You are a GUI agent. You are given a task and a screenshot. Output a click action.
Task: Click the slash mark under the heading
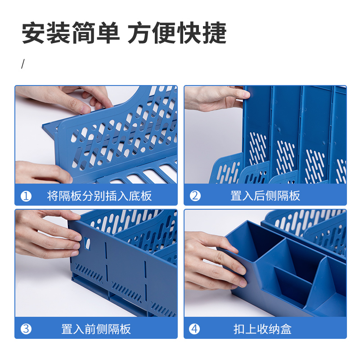(x=22, y=64)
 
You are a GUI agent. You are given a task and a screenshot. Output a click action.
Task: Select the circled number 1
(x=27, y=196)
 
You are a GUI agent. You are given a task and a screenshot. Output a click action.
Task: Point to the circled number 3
(x=27, y=329)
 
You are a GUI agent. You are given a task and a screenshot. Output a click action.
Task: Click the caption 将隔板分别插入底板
(x=99, y=196)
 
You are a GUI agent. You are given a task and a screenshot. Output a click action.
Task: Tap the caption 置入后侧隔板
(x=265, y=196)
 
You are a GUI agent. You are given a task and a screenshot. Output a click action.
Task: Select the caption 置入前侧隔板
(x=96, y=329)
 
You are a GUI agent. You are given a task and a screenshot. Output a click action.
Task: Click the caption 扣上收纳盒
(x=262, y=329)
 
